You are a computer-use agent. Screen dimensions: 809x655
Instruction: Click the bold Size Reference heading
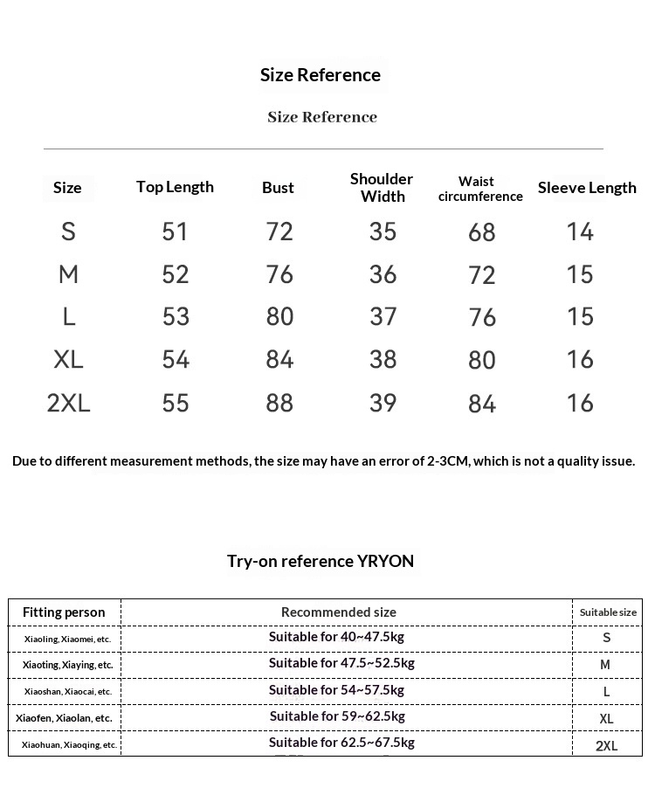click(320, 75)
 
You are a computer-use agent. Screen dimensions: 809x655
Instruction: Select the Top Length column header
click(175, 187)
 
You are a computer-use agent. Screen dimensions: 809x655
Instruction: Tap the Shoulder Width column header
click(382, 188)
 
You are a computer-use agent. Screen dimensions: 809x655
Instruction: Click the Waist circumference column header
click(479, 189)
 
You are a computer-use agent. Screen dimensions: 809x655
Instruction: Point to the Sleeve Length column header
click(587, 188)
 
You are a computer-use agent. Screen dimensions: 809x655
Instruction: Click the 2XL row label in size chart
click(68, 403)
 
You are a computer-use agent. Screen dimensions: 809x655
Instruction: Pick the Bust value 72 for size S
click(279, 232)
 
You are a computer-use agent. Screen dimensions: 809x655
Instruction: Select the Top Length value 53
click(176, 316)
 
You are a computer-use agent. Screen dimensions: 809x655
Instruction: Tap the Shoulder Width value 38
click(383, 359)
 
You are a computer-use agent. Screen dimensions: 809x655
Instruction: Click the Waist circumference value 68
click(481, 232)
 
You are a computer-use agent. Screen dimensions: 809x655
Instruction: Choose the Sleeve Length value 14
click(580, 232)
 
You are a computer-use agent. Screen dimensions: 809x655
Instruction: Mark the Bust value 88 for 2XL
click(279, 403)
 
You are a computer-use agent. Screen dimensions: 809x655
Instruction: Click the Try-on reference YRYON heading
click(321, 561)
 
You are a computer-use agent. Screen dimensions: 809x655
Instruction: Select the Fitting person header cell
click(64, 612)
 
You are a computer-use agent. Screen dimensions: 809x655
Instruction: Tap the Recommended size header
click(339, 612)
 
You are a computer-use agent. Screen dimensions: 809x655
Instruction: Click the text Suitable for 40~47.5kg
click(336, 637)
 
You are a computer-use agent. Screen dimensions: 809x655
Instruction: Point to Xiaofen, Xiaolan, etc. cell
click(64, 718)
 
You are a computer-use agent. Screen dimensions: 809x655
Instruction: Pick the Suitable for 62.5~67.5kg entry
click(341, 743)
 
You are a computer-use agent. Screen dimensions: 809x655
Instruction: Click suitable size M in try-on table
click(605, 665)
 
